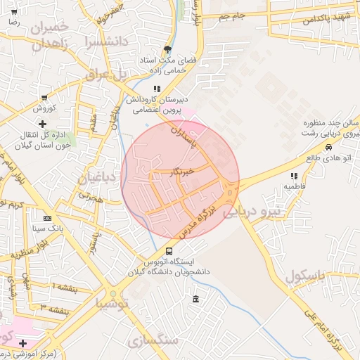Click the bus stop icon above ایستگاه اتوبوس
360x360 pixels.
click(169, 251)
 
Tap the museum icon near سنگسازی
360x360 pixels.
click(195, 300)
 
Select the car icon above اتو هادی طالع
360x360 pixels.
click(329, 148)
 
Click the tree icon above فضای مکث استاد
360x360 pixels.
click(167, 49)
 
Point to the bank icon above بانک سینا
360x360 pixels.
click(47, 218)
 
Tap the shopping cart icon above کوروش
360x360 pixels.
click(44, 98)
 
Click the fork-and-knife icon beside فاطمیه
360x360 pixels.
click(294, 176)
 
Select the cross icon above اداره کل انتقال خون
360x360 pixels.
click(44, 124)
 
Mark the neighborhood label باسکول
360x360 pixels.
click(307, 275)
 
